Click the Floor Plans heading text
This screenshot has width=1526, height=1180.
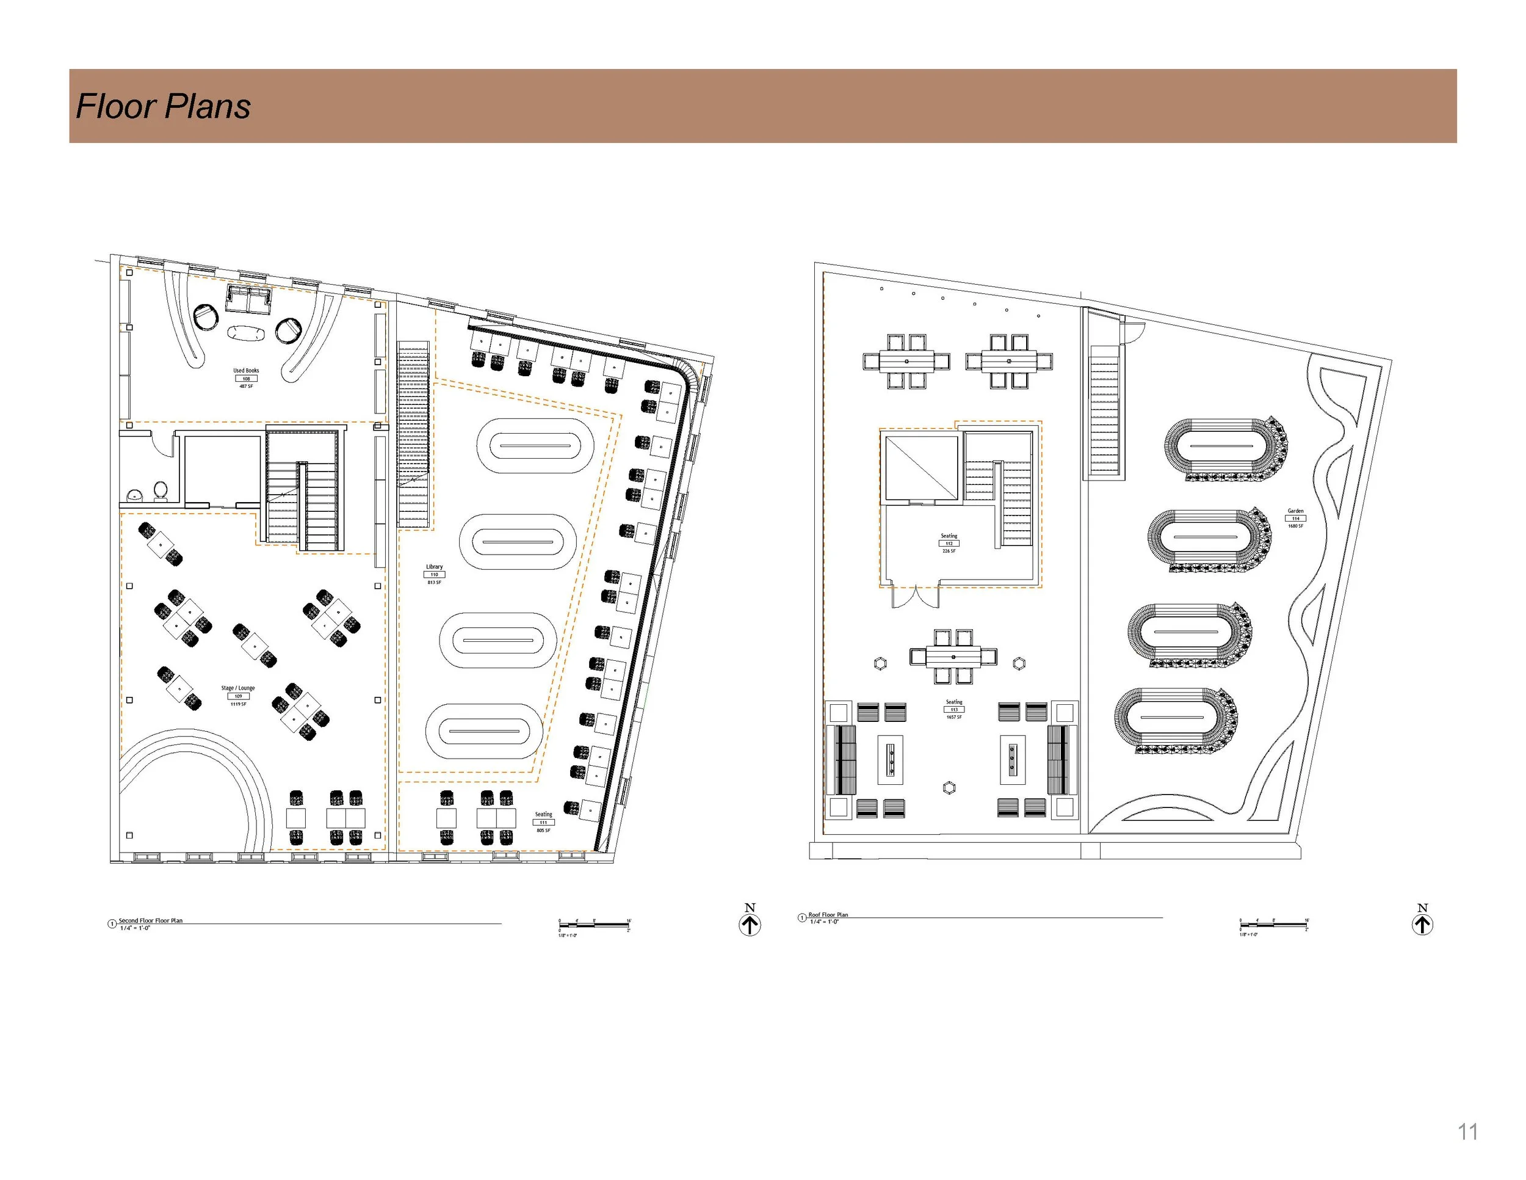tap(163, 106)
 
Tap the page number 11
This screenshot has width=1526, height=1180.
tap(1467, 1132)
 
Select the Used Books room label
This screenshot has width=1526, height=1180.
tap(246, 371)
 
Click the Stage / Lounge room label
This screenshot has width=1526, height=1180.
tap(238, 688)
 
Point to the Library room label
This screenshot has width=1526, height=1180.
tap(434, 567)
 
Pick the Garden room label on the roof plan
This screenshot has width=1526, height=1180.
tap(1295, 511)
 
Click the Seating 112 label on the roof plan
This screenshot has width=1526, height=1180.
tap(949, 536)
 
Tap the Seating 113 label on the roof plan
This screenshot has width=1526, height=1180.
tap(953, 702)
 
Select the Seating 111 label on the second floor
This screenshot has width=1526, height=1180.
tap(544, 814)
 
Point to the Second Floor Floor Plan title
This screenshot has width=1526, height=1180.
tap(150, 920)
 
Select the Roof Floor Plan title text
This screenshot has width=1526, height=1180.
tap(828, 914)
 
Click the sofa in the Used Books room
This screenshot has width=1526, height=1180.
tap(249, 299)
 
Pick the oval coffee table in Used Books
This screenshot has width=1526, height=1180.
tap(246, 333)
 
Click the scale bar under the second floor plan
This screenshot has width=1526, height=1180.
tap(594, 925)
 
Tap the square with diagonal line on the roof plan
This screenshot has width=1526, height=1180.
tap(921, 468)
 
